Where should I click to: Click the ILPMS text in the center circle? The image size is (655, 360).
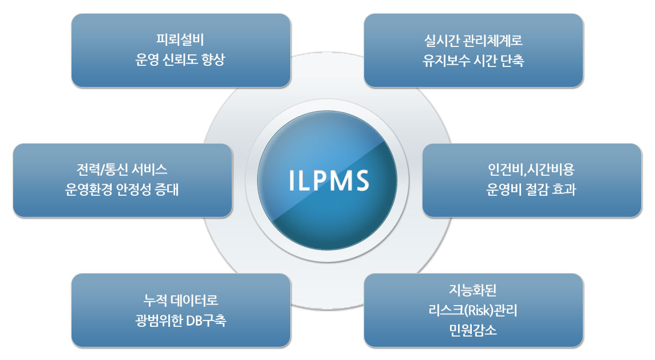click(x=328, y=181)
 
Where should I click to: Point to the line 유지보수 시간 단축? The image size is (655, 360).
click(x=474, y=60)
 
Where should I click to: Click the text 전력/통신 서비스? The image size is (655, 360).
click(x=122, y=170)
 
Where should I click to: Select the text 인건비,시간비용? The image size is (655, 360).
click(x=531, y=170)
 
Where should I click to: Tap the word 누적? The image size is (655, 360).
click(x=155, y=300)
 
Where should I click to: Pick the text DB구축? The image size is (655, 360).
click(x=207, y=320)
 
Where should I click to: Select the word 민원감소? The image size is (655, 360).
click(x=474, y=330)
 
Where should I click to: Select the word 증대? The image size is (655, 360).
click(x=166, y=189)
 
